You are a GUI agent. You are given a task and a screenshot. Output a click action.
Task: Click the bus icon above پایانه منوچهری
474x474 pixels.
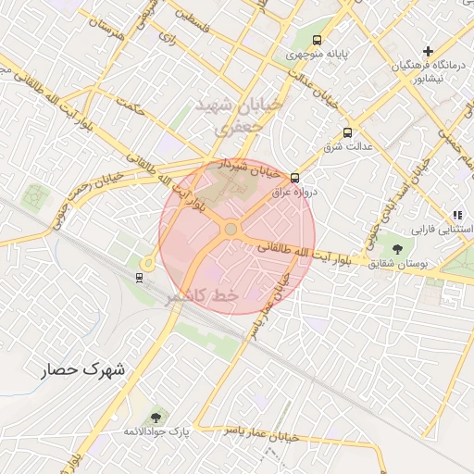[318, 41]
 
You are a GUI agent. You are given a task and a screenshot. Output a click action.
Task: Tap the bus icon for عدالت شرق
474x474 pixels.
[347, 132]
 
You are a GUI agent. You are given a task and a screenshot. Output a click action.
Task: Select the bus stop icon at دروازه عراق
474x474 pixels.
[294, 178]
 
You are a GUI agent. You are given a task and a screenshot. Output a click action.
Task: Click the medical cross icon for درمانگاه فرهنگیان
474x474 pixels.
[428, 50]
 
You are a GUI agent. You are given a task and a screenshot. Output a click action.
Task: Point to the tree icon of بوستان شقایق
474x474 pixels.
[397, 248]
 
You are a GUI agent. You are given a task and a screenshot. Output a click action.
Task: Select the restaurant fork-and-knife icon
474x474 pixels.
[457, 215]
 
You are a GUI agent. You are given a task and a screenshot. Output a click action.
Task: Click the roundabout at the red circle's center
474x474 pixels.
[231, 229]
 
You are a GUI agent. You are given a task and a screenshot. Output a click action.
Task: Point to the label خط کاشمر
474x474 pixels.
[201, 297]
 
